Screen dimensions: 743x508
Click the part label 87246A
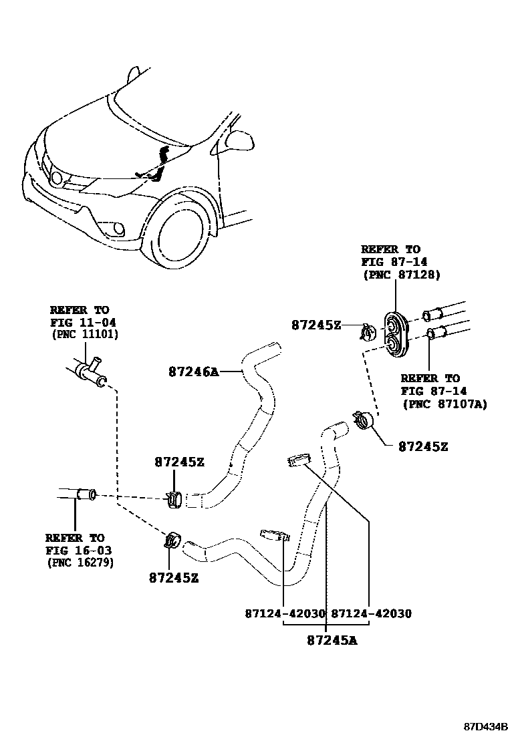pos(193,372)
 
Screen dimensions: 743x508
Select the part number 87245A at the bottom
pos(332,641)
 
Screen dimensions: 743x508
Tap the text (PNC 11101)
pos(84,334)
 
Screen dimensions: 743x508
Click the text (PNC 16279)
pos(80,562)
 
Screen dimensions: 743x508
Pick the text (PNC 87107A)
pos(444,404)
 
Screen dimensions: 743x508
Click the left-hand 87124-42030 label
pos(285,613)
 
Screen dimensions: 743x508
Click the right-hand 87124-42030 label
pos(371,613)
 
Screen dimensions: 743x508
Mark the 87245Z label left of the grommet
pos(315,325)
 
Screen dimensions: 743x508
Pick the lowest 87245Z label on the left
pos(173,578)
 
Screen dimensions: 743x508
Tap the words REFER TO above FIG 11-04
pos(79,310)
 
